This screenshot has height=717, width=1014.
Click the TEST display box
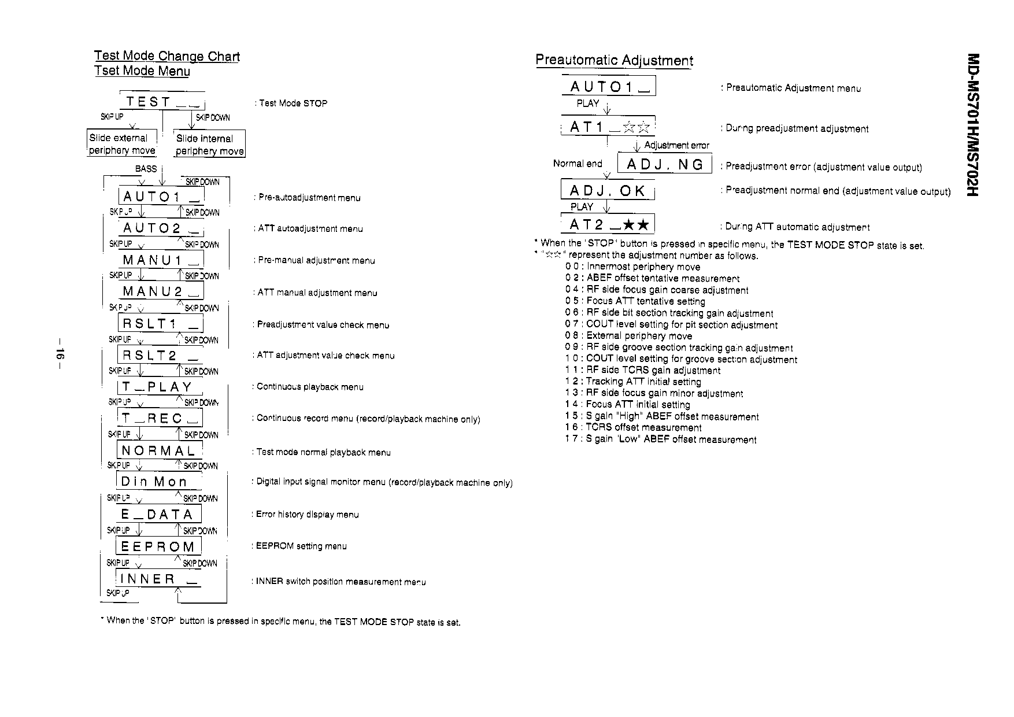point(162,102)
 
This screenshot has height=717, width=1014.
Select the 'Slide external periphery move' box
point(122,144)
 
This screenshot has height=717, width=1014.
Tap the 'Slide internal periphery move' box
point(209,145)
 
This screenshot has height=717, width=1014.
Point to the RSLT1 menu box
point(160,323)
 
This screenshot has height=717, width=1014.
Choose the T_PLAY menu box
point(160,387)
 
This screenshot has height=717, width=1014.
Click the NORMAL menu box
point(160,450)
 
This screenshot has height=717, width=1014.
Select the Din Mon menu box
point(158,482)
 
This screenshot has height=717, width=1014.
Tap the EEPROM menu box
point(158,546)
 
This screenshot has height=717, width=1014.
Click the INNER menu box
point(158,579)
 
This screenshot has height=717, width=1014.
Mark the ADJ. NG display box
point(665,164)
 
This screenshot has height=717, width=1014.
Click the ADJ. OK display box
point(608,191)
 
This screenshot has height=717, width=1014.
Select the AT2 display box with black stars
point(608,224)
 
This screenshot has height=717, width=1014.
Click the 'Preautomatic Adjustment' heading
point(614,60)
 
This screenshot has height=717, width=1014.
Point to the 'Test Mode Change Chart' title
point(167,56)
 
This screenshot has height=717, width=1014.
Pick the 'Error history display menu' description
point(308,515)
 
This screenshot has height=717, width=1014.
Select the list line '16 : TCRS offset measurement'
point(633,428)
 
